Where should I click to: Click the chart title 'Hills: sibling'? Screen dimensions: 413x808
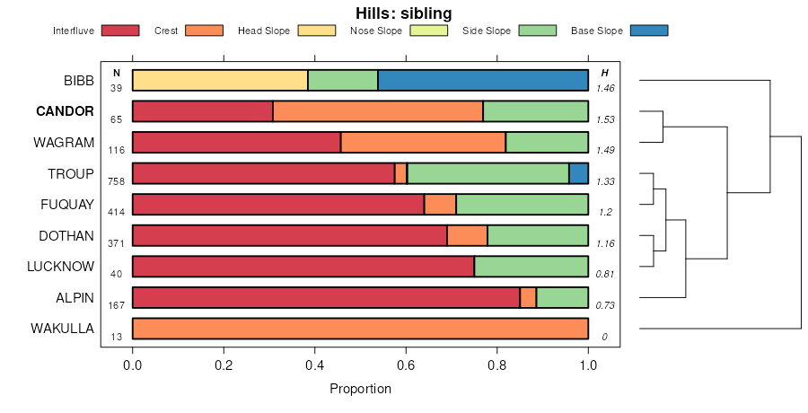(x=404, y=13)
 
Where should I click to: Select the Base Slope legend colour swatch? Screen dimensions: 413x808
(x=649, y=31)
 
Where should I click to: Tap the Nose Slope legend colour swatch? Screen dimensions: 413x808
(x=427, y=31)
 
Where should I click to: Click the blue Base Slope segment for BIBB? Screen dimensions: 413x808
(x=483, y=80)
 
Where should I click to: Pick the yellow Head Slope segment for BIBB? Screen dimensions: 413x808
(x=220, y=80)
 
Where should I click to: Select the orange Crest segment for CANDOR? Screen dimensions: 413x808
(x=378, y=111)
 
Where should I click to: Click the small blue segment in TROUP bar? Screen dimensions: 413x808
(x=579, y=173)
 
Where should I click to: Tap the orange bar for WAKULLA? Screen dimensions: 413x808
(x=360, y=329)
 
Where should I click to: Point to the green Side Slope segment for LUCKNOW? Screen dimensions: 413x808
(x=531, y=267)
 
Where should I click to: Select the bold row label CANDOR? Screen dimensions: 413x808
(x=65, y=111)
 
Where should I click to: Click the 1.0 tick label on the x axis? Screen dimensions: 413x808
(x=588, y=365)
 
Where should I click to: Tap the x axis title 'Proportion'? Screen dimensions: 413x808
(x=360, y=389)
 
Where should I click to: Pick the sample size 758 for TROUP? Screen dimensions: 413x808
(x=116, y=180)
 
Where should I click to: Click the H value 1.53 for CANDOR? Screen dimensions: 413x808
(x=605, y=119)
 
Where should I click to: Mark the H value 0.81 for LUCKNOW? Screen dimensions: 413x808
(x=605, y=274)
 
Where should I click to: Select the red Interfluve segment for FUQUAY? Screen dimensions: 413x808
(x=278, y=205)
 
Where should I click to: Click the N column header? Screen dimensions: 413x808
(x=116, y=73)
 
